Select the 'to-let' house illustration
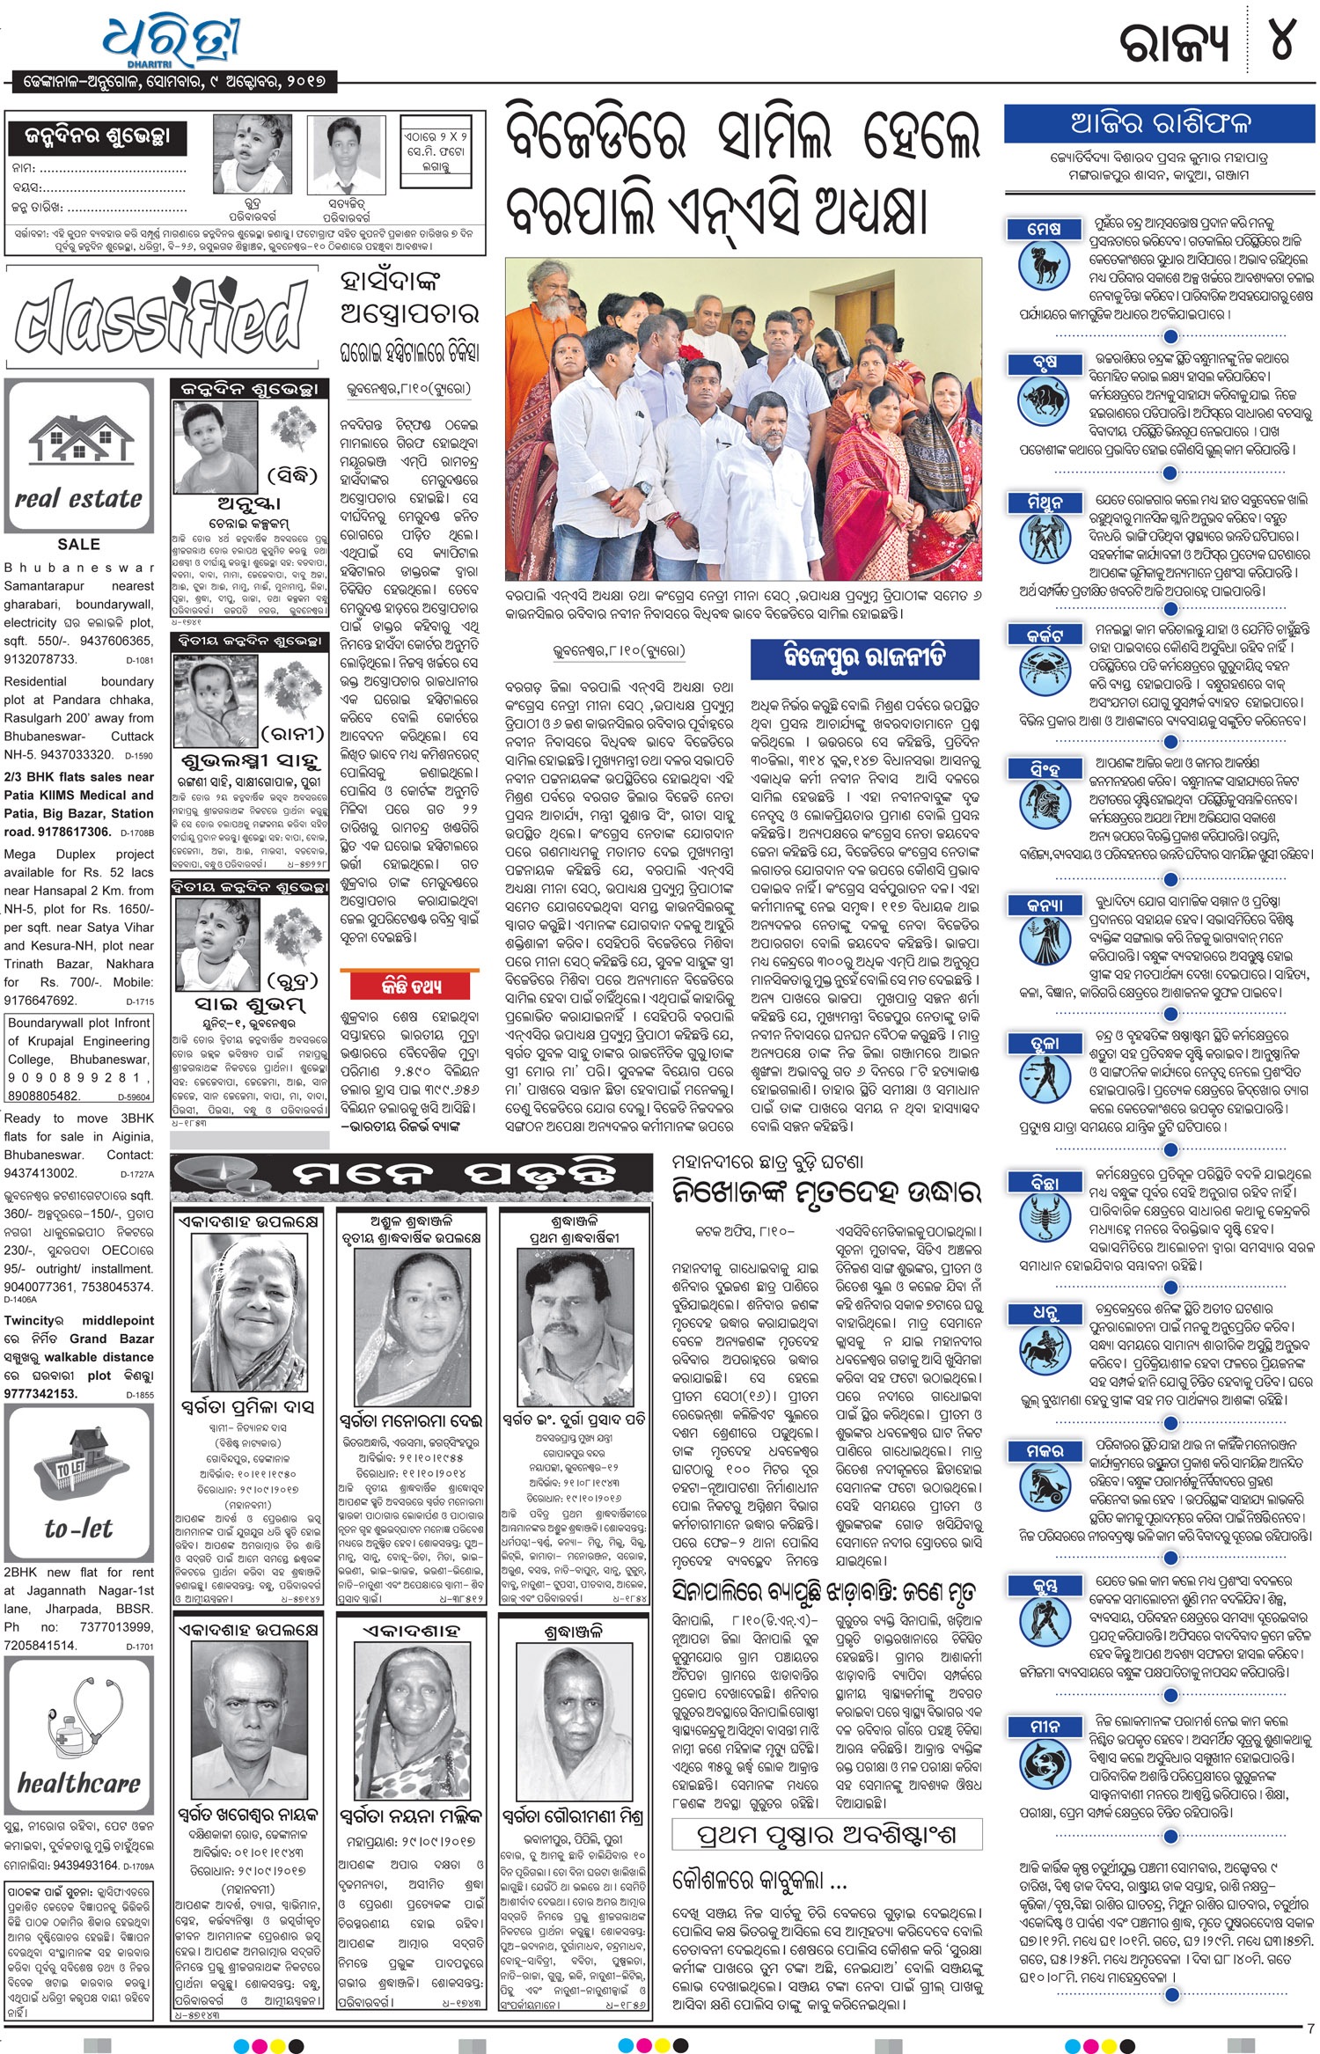click(x=78, y=1466)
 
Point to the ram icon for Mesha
click(x=1043, y=265)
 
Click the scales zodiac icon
click(x=1043, y=1078)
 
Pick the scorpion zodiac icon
click(x=1043, y=1217)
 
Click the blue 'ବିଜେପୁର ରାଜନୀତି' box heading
click(x=864, y=657)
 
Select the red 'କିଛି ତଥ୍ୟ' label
click(x=411, y=986)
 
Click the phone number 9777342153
click(x=41, y=1393)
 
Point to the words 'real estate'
click(x=78, y=499)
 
